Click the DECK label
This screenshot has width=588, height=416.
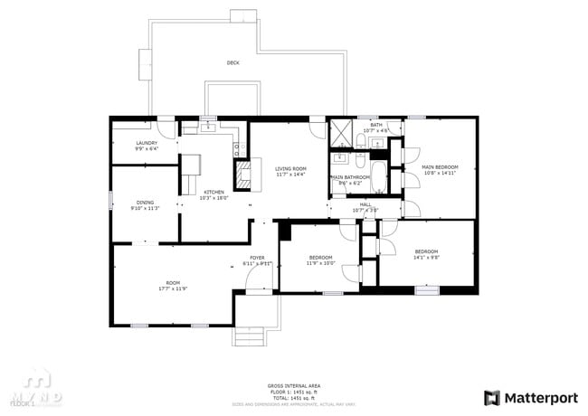point(233,62)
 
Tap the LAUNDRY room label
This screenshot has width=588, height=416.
point(147,143)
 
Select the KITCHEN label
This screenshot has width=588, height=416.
point(214,192)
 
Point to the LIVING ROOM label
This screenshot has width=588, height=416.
point(291,169)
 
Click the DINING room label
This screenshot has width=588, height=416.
point(145,203)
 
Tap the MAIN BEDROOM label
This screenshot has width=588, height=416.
point(441,167)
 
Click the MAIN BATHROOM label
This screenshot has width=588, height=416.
point(350,177)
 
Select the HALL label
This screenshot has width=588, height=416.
point(365,204)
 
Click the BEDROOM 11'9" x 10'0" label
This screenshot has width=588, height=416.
point(320,258)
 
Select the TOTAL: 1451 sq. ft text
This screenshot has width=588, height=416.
point(291,398)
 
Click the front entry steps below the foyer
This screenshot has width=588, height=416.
point(251,336)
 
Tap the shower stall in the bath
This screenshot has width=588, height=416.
point(341,132)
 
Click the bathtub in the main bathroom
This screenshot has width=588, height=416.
point(378,177)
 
